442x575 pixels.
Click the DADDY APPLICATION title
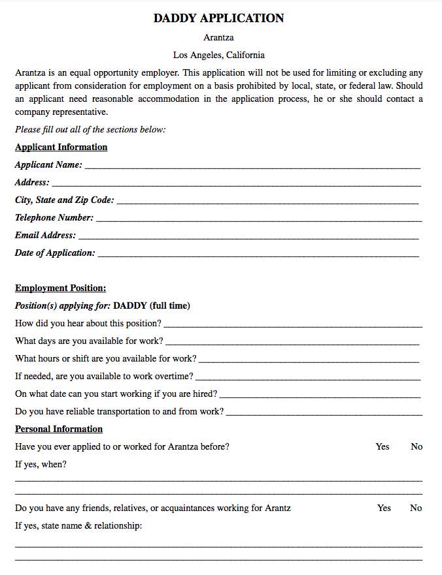(218, 18)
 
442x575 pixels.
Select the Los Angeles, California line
(218, 55)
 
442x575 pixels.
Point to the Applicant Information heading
(61, 147)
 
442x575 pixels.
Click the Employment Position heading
(60, 288)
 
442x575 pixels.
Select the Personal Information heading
(59, 429)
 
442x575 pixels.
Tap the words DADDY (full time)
(152, 305)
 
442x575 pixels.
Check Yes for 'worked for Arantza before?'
(382, 446)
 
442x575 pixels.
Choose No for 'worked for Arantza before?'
(416, 446)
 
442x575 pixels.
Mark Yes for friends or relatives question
(384, 508)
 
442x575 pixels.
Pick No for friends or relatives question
(416, 508)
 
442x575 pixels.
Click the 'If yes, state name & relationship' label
(78, 525)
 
